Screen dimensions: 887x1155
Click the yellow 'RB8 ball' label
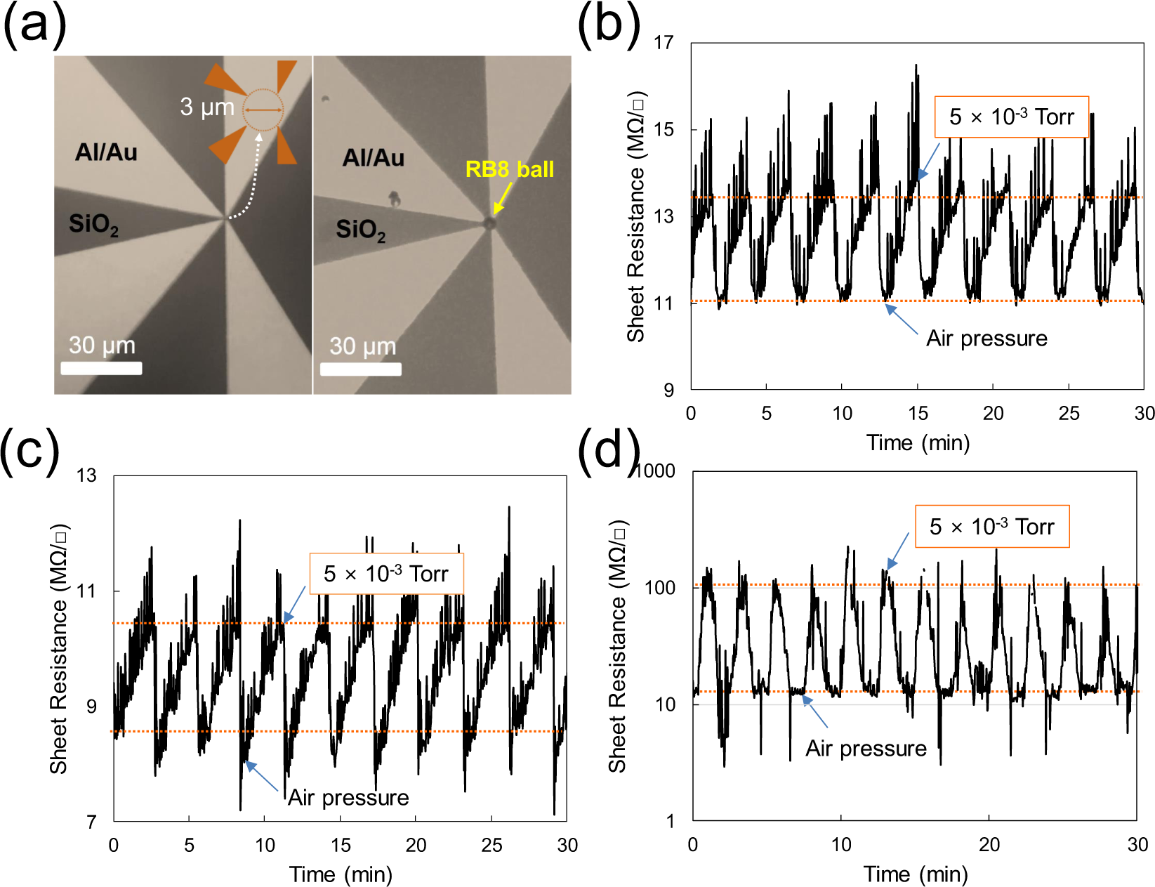coord(509,169)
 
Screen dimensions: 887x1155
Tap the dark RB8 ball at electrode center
coord(489,223)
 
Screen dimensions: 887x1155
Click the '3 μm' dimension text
coord(206,107)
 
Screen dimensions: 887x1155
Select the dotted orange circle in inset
coord(263,110)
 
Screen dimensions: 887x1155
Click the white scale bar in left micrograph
coord(101,368)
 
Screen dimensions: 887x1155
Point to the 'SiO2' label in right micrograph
coord(360,230)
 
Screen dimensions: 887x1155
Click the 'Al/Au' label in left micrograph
coord(106,152)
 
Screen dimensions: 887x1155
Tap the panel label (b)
coord(608,24)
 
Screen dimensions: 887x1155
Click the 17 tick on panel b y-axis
coord(664,43)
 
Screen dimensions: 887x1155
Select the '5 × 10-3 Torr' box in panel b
coord(1011,117)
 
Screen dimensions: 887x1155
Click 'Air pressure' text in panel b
coord(986,339)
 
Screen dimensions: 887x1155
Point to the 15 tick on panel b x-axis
coord(918,413)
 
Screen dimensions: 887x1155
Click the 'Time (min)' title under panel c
coord(341,874)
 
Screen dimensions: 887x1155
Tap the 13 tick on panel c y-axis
coord(86,476)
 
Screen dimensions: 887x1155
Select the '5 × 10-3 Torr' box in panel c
coord(386,574)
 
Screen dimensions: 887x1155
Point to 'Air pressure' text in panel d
coord(866,749)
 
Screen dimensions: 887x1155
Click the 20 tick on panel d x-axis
coord(989,844)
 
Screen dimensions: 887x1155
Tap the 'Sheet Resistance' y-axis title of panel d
coord(618,646)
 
